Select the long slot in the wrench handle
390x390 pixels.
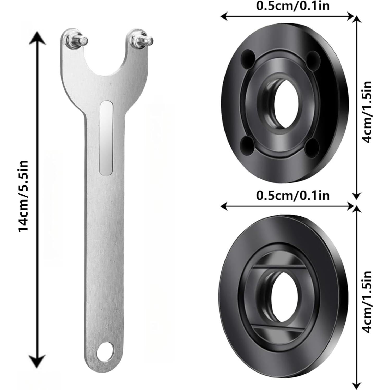tap(106, 138)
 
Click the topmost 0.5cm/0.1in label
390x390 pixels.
tap(293, 6)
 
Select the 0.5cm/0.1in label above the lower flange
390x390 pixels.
tap(293, 195)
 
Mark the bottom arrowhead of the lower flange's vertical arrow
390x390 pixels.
tap(356, 383)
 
